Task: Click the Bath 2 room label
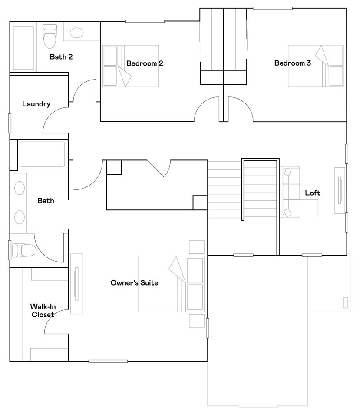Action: [x=61, y=56]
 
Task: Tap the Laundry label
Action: [x=36, y=104]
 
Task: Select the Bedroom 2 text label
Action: [x=145, y=63]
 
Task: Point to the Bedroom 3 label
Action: [x=292, y=63]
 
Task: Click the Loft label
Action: [x=312, y=193]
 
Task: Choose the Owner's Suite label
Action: [x=134, y=283]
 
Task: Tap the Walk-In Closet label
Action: [x=43, y=310]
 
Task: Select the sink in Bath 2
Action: [x=77, y=33]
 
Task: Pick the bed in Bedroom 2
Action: [x=130, y=66]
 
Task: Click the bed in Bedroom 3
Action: [x=316, y=66]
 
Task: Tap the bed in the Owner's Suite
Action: [x=171, y=283]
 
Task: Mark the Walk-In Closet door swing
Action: [x=56, y=322]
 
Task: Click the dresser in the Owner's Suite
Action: [x=76, y=283]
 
